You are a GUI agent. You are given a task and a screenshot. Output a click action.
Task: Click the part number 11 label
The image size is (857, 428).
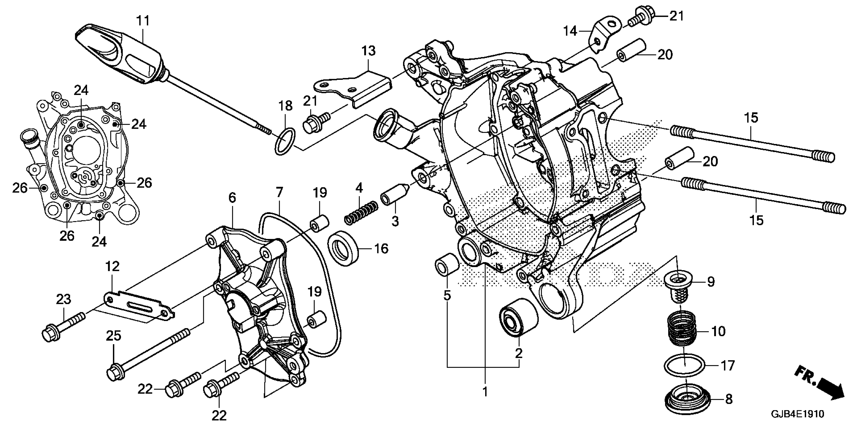tap(143, 21)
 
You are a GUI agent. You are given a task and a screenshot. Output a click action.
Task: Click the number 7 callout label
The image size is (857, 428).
tap(280, 192)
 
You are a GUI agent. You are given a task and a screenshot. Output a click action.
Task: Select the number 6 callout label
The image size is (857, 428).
tap(232, 198)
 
